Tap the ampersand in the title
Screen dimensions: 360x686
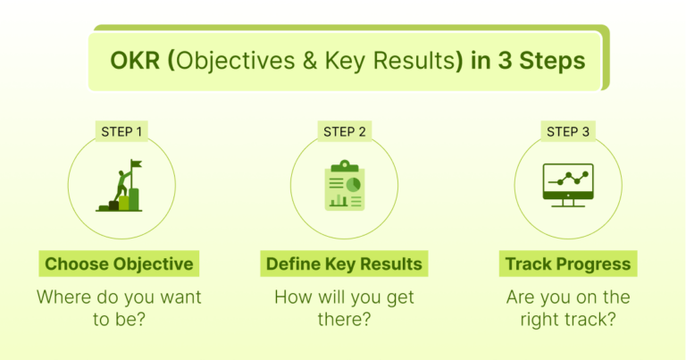click(x=319, y=61)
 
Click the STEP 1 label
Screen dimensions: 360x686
click(x=120, y=132)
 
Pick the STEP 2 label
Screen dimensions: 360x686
click(x=344, y=132)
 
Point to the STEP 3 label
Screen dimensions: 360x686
click(x=567, y=132)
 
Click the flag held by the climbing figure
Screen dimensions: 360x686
click(x=137, y=165)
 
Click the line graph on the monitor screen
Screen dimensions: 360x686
click(x=568, y=178)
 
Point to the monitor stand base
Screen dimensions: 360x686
click(x=567, y=205)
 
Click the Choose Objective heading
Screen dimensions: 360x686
click(x=119, y=264)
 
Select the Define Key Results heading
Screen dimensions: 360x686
click(x=344, y=264)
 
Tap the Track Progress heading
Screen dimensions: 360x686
click(x=567, y=264)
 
